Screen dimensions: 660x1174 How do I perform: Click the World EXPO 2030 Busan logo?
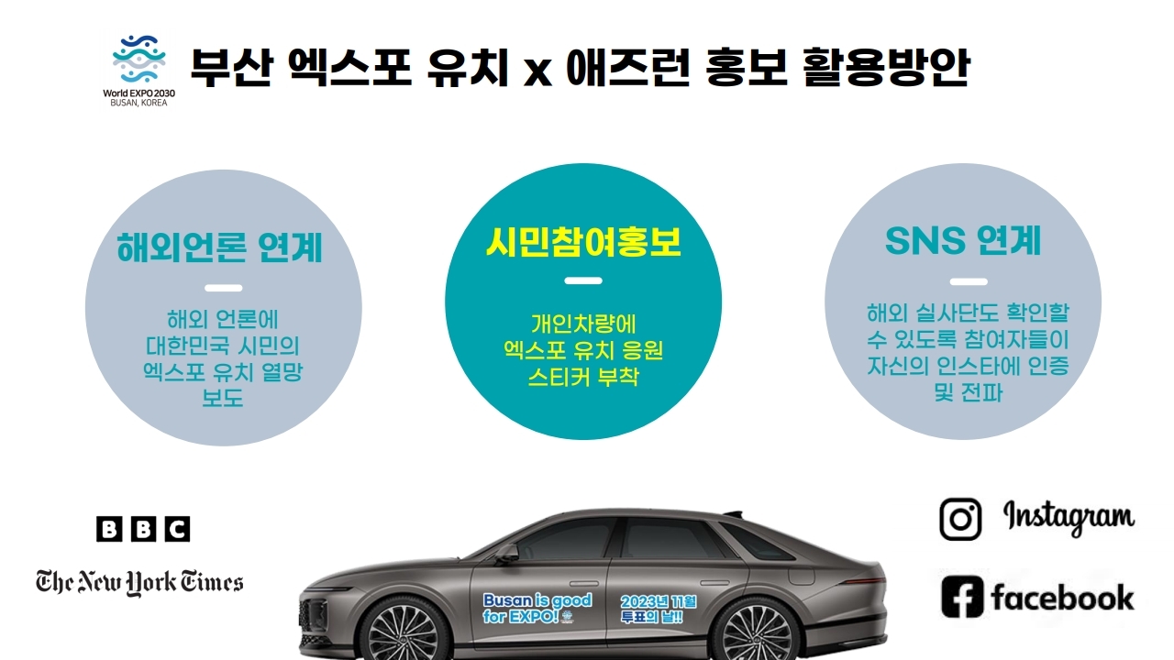coord(140,70)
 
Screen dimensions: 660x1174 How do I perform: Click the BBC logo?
coord(143,529)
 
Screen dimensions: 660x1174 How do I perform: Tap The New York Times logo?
coord(139,581)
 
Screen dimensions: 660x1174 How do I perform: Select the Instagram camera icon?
coord(960,519)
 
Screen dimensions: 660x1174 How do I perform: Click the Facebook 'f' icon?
coord(962,597)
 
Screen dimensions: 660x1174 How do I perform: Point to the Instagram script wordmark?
coord(1069,517)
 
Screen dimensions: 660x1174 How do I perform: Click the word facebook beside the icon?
coord(1062,598)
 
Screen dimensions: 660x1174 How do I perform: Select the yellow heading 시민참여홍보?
coord(583,240)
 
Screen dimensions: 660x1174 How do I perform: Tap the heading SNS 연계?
coord(963,240)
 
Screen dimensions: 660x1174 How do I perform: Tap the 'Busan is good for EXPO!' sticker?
coord(537,608)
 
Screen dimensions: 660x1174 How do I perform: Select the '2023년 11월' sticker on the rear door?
coord(659,609)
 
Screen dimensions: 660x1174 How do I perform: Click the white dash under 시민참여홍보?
coord(583,280)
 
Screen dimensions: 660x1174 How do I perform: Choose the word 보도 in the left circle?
coord(222,398)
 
